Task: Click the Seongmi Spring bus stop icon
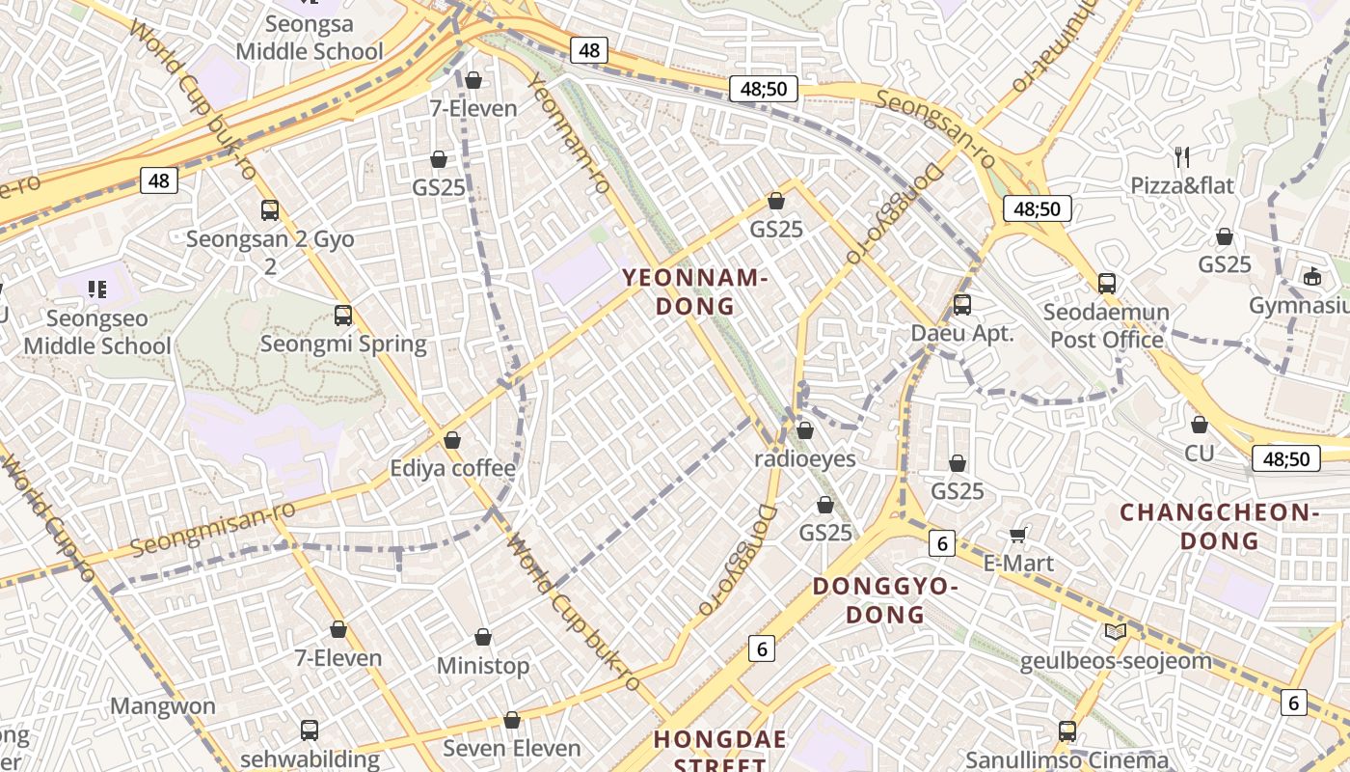[343, 316]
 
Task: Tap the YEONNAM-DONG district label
[694, 292]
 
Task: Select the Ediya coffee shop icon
[452, 441]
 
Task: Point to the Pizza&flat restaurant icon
[1182, 156]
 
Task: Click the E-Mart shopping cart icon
[1017, 535]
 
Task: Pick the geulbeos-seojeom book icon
[1116, 632]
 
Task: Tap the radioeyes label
[805, 458]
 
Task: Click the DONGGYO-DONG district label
[885, 600]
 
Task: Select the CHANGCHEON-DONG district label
[1219, 526]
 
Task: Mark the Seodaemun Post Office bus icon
[1107, 284]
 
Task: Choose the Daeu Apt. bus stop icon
[962, 305]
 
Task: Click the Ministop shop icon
[483, 638]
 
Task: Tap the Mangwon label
[163, 706]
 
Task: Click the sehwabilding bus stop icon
[310, 731]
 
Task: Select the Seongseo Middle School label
[97, 332]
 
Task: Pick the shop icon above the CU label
[1200, 425]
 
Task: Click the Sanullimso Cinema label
[1067, 760]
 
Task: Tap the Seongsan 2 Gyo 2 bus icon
[270, 210]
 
